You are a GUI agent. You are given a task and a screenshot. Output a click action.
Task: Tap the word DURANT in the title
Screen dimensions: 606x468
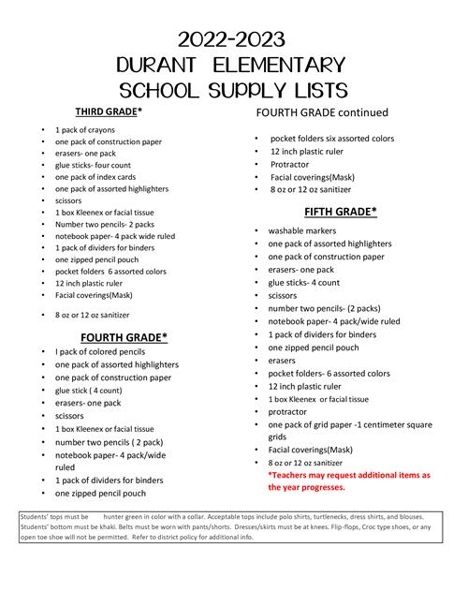click(x=168, y=65)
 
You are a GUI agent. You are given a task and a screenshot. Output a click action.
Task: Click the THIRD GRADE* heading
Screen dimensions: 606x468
click(x=109, y=111)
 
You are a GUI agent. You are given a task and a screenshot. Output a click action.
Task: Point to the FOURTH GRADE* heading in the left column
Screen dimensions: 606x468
click(x=124, y=336)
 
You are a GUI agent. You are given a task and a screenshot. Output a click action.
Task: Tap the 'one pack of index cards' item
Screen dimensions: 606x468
click(x=96, y=176)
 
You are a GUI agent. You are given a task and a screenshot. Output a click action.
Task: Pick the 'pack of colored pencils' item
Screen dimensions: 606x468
click(x=103, y=351)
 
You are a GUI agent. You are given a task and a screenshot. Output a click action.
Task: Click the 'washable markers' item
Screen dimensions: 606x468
click(x=306, y=229)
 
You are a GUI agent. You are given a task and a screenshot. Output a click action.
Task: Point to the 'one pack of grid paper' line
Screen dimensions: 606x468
click(x=349, y=423)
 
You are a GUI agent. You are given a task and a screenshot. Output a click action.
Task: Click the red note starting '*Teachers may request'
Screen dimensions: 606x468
click(x=348, y=475)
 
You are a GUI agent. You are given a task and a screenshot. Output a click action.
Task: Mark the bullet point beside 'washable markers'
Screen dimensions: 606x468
click(x=256, y=230)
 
